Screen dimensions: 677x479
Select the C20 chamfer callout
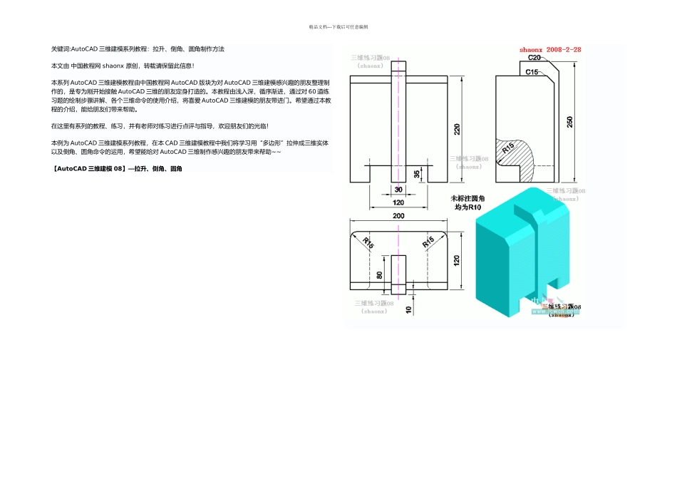click(532, 57)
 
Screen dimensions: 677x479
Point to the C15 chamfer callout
click(532, 72)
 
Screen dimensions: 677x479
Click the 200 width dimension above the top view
click(398, 216)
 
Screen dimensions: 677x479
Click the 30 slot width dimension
click(398, 189)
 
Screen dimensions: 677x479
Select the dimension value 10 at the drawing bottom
click(408, 310)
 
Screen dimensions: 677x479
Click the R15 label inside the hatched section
click(507, 148)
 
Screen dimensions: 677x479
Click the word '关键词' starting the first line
click(61, 49)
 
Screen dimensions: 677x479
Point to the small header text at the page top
click(338, 26)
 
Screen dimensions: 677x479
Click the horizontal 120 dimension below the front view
click(398, 203)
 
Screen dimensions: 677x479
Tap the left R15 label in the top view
click(368, 242)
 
